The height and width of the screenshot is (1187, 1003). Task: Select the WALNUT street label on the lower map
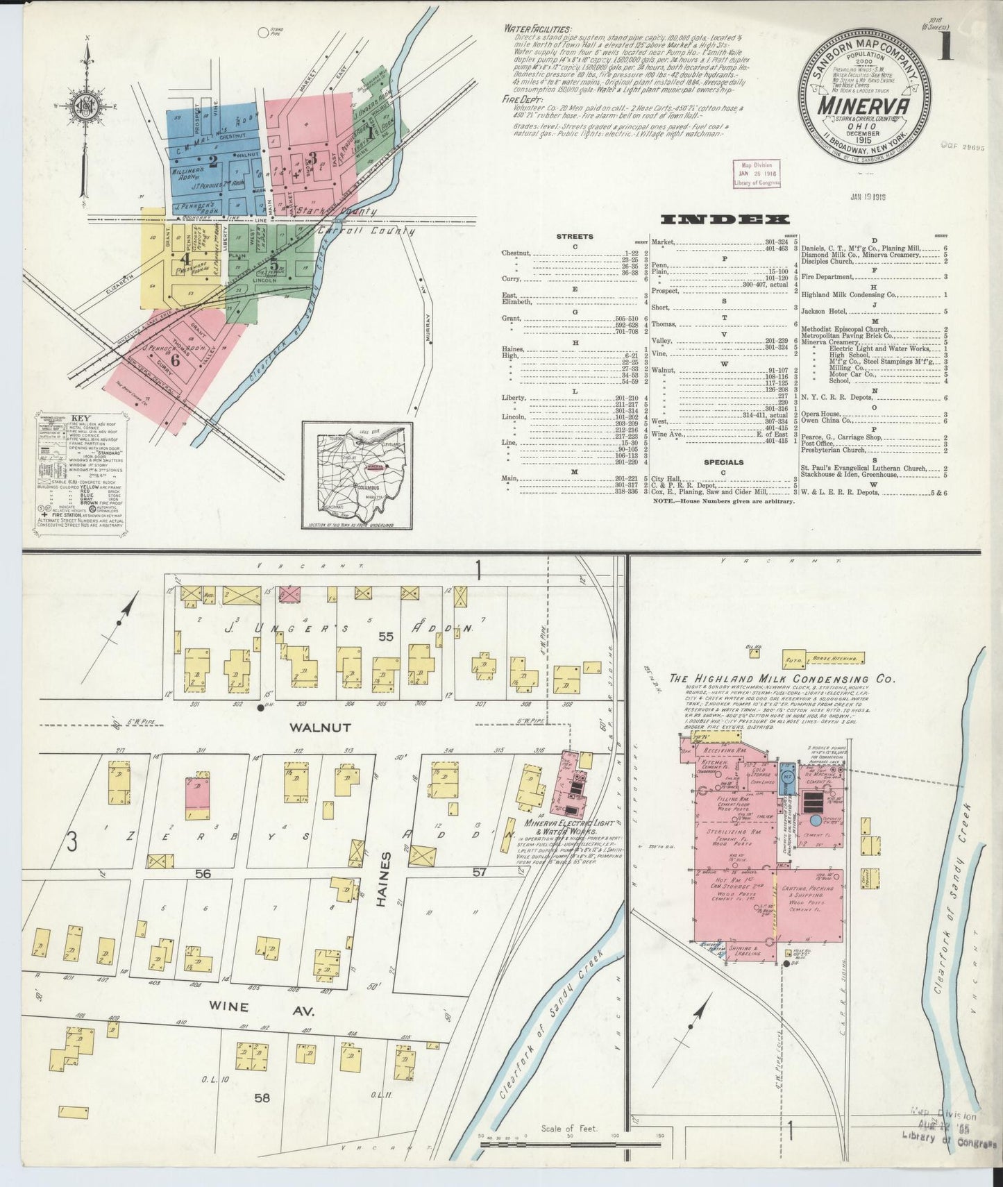(312, 727)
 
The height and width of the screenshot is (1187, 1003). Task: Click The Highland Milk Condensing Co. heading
(782, 679)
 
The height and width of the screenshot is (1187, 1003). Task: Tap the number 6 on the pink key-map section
(175, 360)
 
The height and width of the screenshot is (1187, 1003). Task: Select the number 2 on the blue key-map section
(213, 161)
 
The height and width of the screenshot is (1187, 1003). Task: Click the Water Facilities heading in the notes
(538, 30)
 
